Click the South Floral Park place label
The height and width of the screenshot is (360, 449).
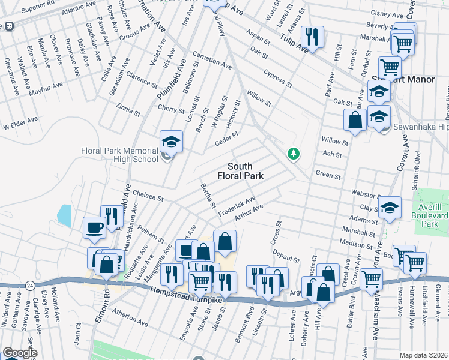click(x=247, y=171)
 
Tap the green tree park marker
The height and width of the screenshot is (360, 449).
click(x=293, y=154)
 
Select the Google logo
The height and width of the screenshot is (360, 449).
click(x=19, y=353)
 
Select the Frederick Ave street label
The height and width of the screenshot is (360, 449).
click(x=237, y=206)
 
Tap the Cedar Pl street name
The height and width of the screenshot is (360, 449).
click(x=227, y=142)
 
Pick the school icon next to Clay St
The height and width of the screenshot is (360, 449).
click(x=390, y=208)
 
